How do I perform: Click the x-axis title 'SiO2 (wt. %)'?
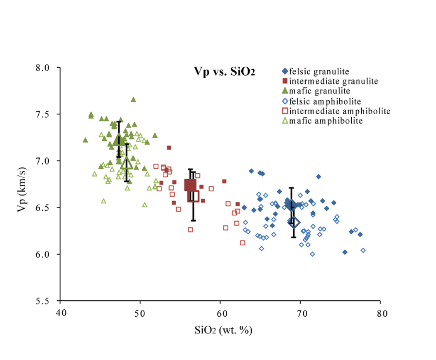[224, 331]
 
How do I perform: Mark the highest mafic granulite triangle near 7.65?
[133, 99]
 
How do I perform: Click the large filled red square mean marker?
[190, 185]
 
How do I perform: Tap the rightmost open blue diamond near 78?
[363, 250]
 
